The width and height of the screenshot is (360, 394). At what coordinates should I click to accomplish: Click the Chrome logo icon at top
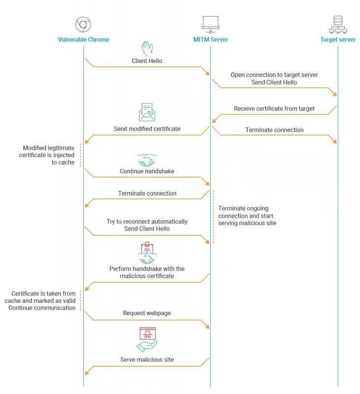click(83, 24)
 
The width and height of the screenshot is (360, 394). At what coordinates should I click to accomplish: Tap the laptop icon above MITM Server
click(210, 24)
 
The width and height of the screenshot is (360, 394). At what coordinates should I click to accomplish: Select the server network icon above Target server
click(338, 24)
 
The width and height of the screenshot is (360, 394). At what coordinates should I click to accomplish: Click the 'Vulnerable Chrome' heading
click(83, 39)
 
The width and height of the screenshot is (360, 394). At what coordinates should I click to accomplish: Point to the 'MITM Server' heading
click(210, 39)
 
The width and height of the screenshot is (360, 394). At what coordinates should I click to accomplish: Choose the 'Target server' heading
click(338, 39)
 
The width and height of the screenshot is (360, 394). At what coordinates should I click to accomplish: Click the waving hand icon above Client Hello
click(147, 49)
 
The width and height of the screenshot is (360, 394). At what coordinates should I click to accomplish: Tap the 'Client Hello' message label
click(147, 62)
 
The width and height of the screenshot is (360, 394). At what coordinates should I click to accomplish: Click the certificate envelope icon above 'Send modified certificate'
click(147, 112)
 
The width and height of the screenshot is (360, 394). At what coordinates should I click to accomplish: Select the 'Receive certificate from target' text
click(274, 108)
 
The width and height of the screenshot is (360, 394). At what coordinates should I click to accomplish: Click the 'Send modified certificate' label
click(147, 129)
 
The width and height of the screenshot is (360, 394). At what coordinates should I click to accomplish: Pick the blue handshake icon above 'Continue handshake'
click(147, 161)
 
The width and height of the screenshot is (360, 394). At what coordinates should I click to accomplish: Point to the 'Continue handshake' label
click(147, 172)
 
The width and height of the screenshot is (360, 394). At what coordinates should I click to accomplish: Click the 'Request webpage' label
click(147, 313)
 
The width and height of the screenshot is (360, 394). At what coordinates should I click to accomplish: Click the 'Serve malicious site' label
click(147, 360)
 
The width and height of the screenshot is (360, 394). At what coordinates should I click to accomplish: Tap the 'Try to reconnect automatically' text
click(147, 222)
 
